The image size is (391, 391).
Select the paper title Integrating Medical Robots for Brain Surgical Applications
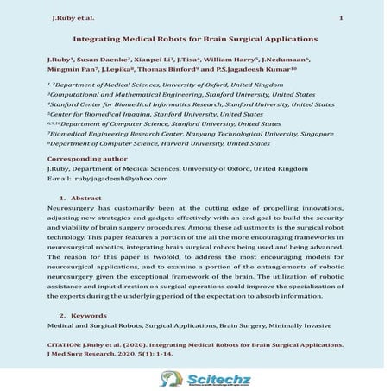195,39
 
